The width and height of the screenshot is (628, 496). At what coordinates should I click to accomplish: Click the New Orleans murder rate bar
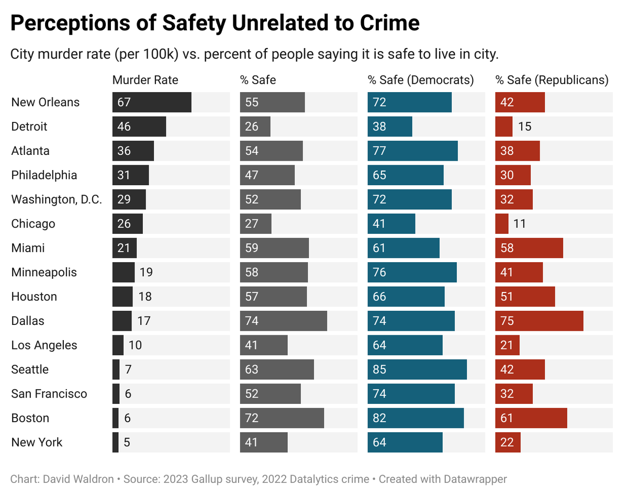[152, 102]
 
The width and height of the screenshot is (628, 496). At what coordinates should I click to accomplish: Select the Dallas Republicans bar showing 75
[539, 321]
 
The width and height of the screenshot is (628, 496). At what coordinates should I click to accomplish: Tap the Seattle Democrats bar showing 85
[417, 369]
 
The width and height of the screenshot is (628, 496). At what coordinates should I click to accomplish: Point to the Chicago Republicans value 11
[520, 224]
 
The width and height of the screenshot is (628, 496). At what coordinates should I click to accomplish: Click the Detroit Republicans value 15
[524, 127]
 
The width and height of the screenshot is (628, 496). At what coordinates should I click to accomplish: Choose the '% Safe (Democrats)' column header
[421, 80]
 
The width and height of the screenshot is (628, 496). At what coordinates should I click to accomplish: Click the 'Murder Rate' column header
[145, 80]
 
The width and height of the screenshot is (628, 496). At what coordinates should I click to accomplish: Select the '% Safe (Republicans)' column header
[552, 80]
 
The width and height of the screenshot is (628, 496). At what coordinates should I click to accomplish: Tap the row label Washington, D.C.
[57, 199]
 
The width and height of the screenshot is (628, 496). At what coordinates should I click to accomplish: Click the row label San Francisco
[49, 394]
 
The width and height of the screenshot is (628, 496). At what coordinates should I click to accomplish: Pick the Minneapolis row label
[44, 272]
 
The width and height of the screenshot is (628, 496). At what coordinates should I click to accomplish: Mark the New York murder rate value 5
[127, 443]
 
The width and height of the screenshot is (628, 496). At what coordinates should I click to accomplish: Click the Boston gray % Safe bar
[282, 418]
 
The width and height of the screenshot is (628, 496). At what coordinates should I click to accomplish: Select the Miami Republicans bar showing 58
[529, 248]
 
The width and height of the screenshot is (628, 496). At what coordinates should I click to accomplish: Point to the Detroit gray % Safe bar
[255, 127]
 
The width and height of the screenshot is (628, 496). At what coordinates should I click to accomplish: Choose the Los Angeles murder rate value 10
[134, 345]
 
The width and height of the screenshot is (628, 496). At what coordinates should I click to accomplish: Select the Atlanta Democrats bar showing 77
[412, 151]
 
